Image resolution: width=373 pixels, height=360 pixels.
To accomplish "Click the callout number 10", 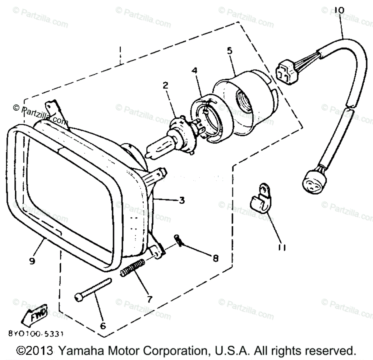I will (x=339, y=11).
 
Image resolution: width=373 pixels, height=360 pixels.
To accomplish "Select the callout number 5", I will (x=230, y=51).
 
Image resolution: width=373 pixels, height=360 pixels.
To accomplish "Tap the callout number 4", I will (x=194, y=71).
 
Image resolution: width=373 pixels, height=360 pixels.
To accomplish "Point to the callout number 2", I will (x=165, y=85).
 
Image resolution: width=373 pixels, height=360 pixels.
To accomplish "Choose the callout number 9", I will (x=32, y=261).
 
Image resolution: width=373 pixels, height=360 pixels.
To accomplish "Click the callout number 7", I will (x=149, y=299).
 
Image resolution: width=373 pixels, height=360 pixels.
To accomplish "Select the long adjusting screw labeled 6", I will (x=93, y=289).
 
